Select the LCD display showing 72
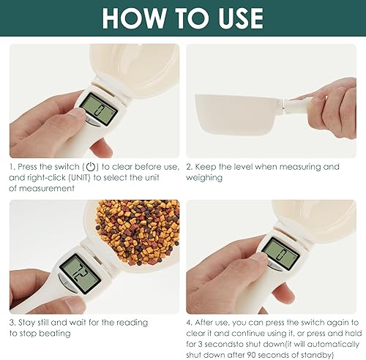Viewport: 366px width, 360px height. click(75, 270)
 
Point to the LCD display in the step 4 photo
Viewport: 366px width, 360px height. click(277, 252)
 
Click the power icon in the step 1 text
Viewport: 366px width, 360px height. click(90, 167)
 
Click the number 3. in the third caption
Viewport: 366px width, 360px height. click(13, 323)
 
